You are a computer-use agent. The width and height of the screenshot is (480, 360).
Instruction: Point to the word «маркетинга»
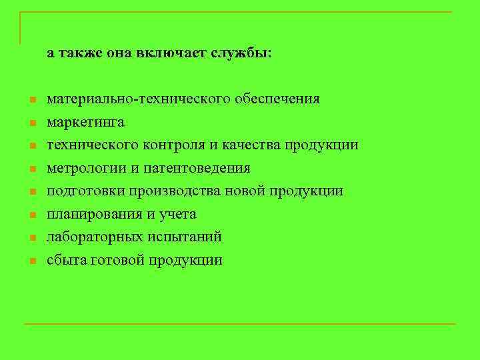pos(85,123)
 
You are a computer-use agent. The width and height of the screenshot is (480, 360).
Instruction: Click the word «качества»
pos(251,145)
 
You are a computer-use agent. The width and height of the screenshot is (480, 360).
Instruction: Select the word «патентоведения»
pos(205,168)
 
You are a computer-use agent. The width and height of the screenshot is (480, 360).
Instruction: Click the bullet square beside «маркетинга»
pos(31,123)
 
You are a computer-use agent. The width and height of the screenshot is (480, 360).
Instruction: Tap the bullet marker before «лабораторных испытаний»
pos(31,238)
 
